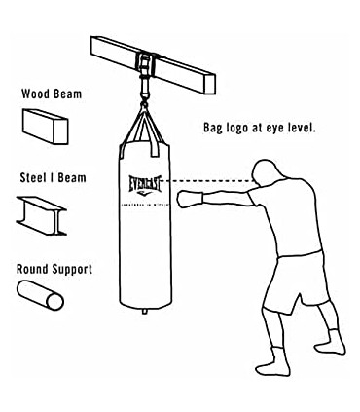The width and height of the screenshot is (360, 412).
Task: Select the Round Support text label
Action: pos(54,269)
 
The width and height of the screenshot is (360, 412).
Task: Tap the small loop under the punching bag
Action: pos(144,311)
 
